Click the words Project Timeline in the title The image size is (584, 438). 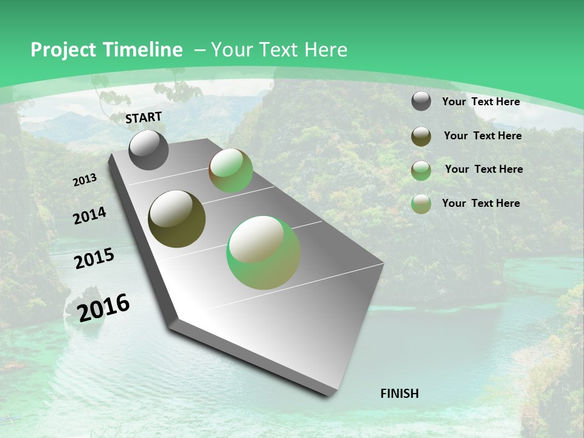(106, 50)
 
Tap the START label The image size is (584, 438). (144, 117)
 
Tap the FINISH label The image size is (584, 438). (400, 394)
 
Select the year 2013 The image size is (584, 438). (85, 180)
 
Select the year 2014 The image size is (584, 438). (89, 215)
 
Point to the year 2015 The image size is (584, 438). (94, 259)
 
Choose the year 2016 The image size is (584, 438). (103, 307)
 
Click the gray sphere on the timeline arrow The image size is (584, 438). (148, 150)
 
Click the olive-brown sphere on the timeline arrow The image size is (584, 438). (176, 219)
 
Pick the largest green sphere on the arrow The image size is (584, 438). (263, 252)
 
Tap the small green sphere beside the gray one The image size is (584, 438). (231, 170)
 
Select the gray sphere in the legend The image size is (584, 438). (421, 102)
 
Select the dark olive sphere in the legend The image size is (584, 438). (421, 136)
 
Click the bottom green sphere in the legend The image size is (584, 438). (421, 204)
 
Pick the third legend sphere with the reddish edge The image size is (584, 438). (421, 170)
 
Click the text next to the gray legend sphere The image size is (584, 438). (481, 102)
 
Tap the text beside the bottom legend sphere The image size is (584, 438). (481, 203)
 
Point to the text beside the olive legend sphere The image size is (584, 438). (482, 136)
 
